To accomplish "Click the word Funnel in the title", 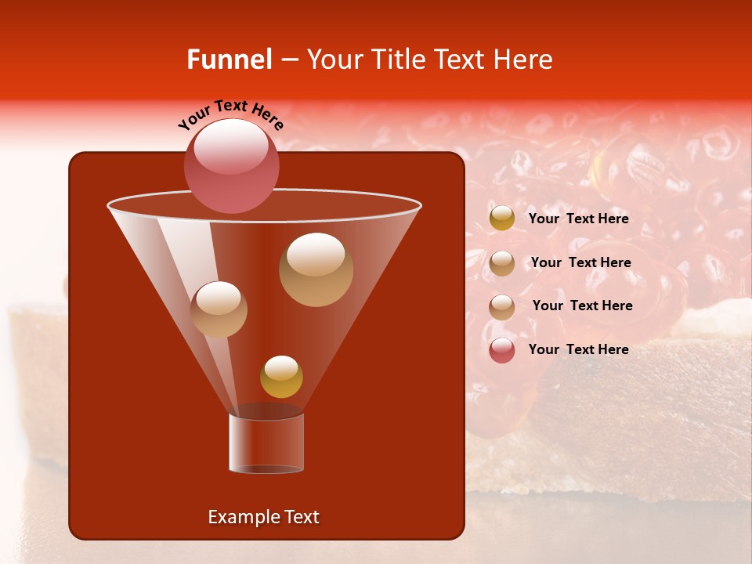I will [229, 60].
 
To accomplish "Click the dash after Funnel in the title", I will [288, 60].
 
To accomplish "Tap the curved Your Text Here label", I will [231, 115].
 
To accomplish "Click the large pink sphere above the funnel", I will [232, 165].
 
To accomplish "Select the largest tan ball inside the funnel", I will [316, 269].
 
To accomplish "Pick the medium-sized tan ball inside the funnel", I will [219, 309].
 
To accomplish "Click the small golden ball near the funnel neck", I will [281, 377].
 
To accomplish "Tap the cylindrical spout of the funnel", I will [266, 443].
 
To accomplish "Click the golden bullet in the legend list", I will [502, 219].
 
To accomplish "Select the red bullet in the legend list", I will [502, 350].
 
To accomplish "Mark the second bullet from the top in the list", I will [502, 263].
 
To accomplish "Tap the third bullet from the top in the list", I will [502, 307].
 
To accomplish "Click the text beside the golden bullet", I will [578, 219].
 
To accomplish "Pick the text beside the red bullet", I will [578, 349].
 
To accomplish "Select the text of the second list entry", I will [580, 262].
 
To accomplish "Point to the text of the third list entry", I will [582, 305].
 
